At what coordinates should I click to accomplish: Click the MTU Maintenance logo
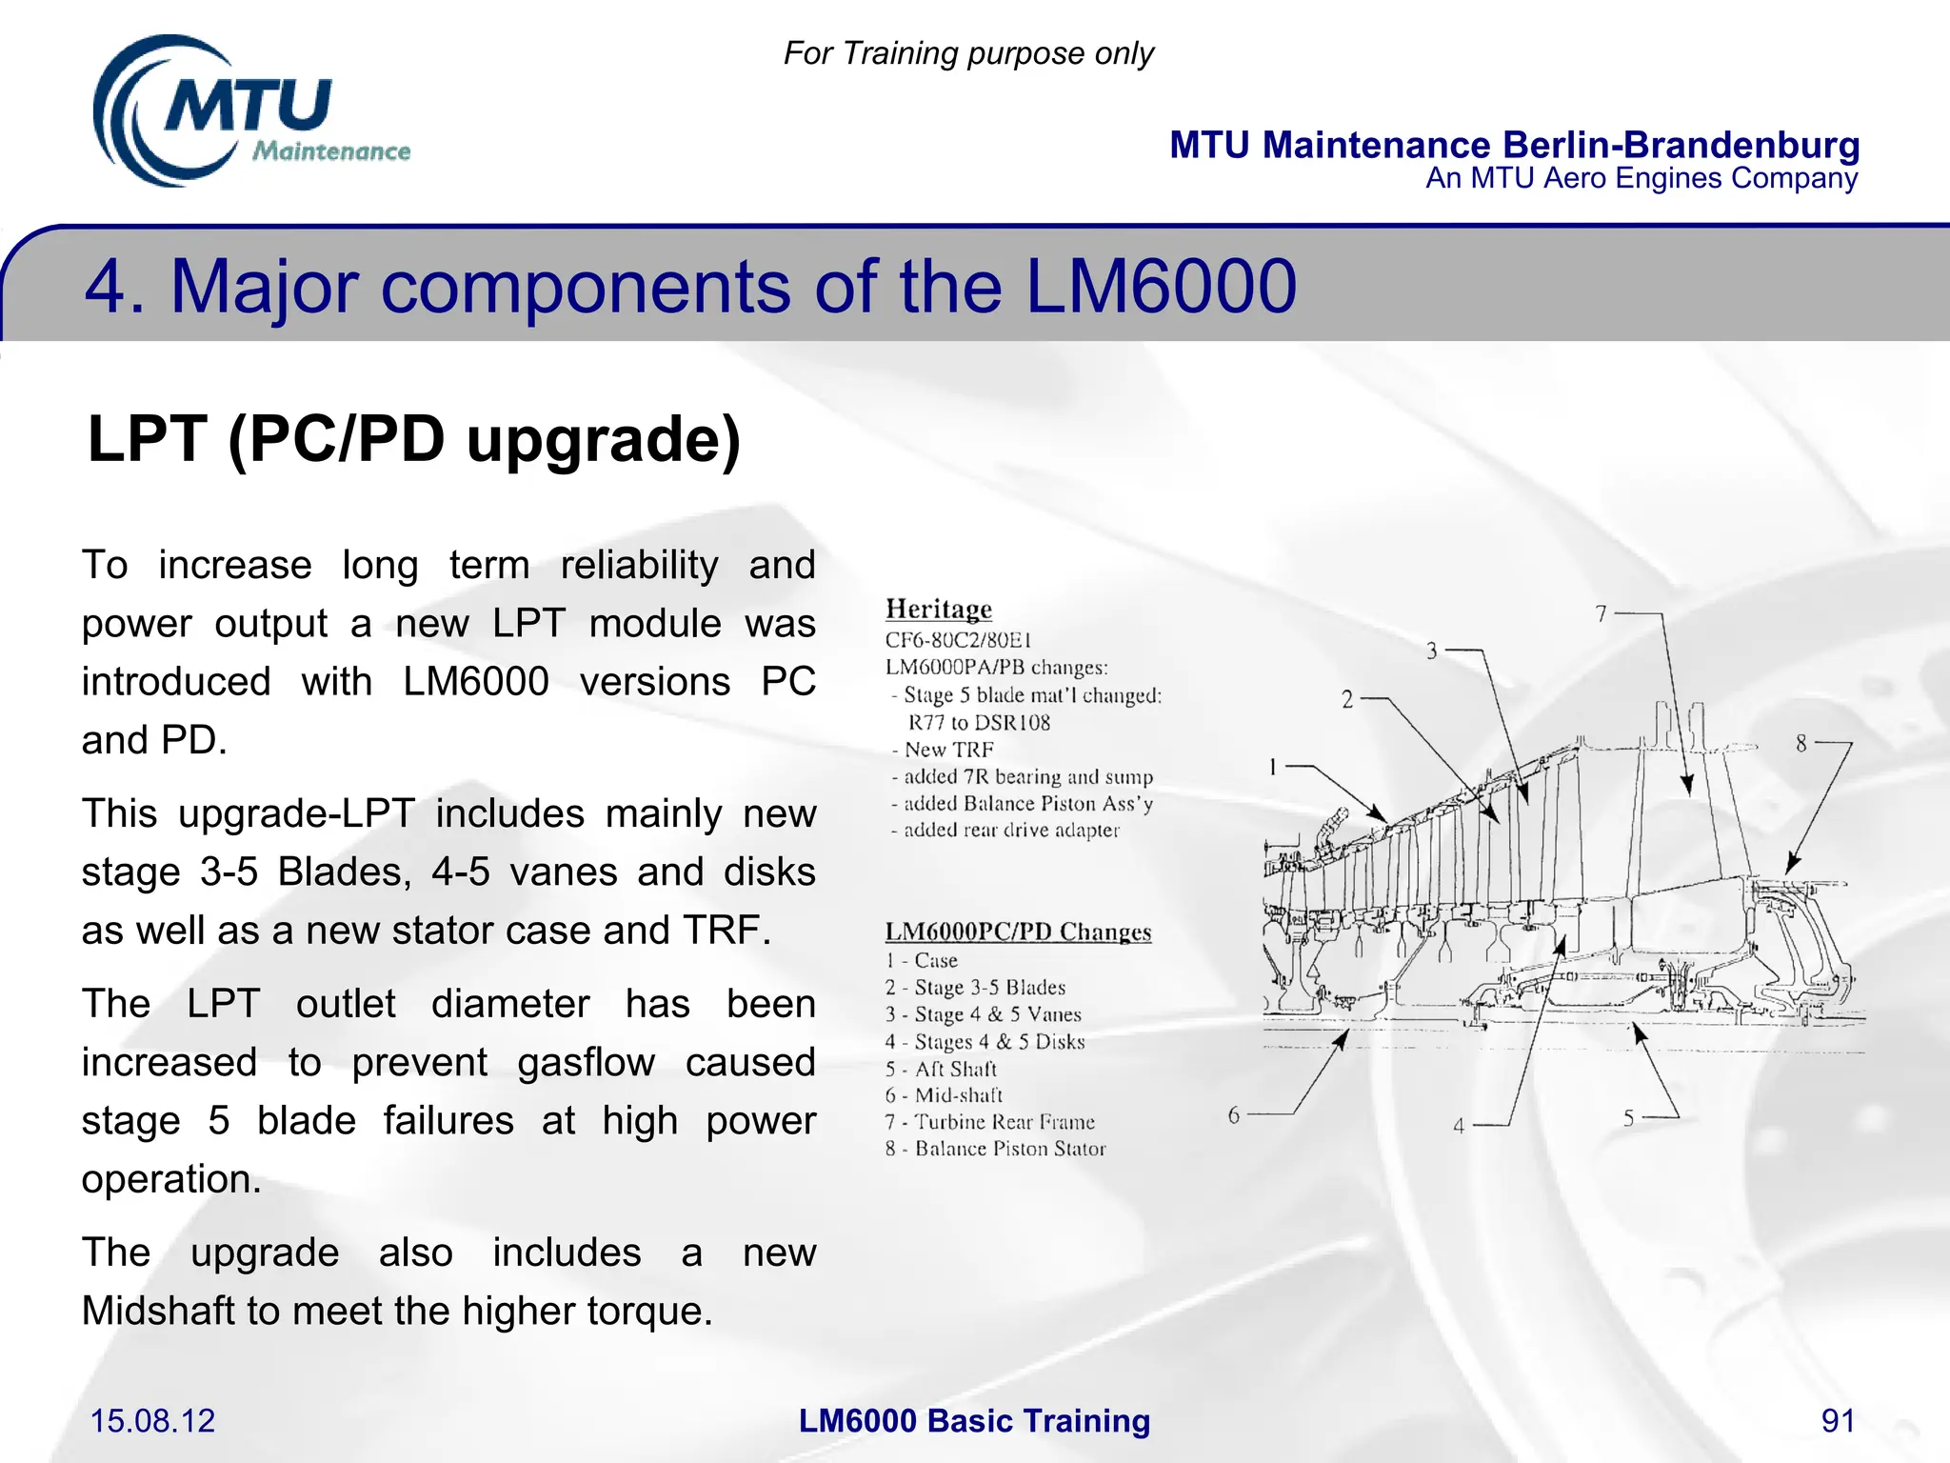[x=249, y=112]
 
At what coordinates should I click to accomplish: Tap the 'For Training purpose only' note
[x=968, y=53]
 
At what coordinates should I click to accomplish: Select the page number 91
[x=1838, y=1420]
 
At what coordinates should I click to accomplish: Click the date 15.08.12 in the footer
[x=152, y=1420]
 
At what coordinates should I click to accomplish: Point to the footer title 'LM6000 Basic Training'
[x=974, y=1420]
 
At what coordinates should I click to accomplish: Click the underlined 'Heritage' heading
[x=938, y=609]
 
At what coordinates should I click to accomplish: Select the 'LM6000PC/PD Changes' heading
[x=1018, y=932]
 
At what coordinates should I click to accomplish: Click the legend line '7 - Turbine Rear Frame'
[x=990, y=1122]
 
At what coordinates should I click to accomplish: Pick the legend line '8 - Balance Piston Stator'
[x=995, y=1149]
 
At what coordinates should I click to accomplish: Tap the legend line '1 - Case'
[x=921, y=960]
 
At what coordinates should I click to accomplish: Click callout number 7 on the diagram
[x=1602, y=614]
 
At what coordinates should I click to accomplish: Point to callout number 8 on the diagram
[x=1801, y=743]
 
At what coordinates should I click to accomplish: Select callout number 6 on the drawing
[x=1234, y=1114]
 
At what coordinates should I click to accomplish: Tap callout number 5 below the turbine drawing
[x=1629, y=1118]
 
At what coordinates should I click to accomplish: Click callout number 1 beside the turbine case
[x=1273, y=767]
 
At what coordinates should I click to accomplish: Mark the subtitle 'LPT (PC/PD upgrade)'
[x=413, y=439]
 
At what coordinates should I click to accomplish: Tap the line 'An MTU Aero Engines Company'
[x=1641, y=178]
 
